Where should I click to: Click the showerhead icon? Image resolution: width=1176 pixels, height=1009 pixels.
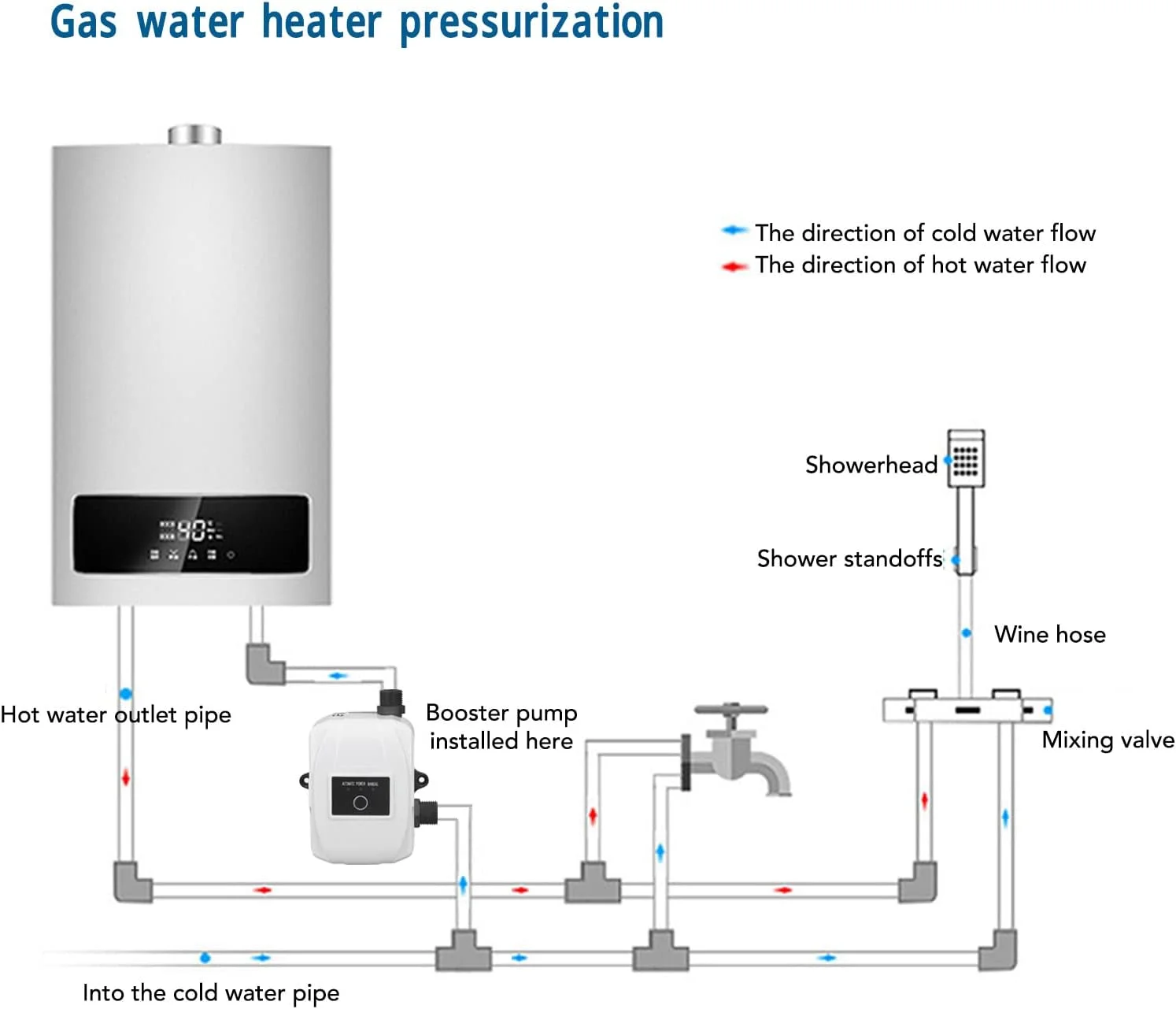[966, 458]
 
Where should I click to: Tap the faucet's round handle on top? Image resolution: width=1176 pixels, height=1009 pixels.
[730, 709]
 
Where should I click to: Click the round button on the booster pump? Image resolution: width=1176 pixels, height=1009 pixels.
[361, 803]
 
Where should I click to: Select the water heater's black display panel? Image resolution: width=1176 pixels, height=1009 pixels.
[190, 534]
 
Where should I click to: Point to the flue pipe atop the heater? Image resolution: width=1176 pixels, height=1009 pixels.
[194, 135]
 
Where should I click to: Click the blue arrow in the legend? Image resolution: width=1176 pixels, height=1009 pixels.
[734, 231]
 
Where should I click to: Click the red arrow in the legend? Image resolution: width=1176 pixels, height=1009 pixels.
[734, 266]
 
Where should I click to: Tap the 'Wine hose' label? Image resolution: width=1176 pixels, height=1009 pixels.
[1049, 634]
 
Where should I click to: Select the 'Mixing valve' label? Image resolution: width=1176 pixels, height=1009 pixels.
[1108, 740]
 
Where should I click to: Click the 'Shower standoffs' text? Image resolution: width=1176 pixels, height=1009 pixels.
[849, 558]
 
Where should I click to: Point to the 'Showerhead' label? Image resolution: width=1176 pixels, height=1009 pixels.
[871, 465]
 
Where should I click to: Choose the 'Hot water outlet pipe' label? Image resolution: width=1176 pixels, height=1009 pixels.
[116, 715]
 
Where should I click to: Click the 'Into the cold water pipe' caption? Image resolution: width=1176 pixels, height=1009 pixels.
[211, 992]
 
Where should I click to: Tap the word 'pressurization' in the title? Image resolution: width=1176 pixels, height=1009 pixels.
[531, 22]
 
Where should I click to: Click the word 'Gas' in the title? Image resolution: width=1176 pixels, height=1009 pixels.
[83, 22]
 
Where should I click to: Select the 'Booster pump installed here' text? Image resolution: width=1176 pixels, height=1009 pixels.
[501, 726]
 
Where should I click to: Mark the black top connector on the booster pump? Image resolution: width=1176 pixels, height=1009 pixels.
[391, 700]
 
